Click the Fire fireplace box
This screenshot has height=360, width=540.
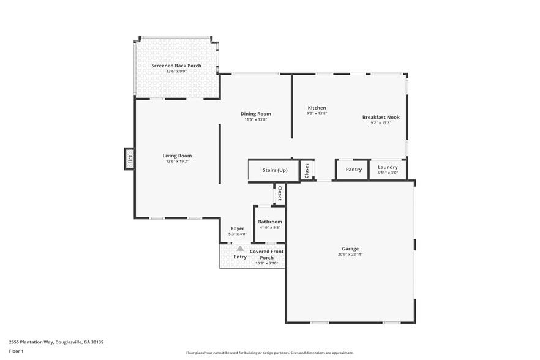(x=130, y=159)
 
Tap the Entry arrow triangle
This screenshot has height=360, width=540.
(x=240, y=249)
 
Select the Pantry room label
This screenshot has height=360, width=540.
(x=353, y=170)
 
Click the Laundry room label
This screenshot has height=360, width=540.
(x=388, y=167)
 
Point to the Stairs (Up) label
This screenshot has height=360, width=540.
(x=275, y=170)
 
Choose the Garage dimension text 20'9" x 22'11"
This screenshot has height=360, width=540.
(x=350, y=254)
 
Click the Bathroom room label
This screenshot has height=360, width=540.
(x=270, y=222)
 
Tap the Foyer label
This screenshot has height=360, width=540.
(x=238, y=228)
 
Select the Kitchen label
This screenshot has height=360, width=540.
(x=317, y=108)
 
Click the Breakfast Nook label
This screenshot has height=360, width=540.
(x=381, y=117)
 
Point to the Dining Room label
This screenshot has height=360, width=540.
(x=255, y=114)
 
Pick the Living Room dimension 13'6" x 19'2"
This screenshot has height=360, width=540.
(x=177, y=161)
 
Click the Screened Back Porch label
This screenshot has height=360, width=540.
(x=176, y=66)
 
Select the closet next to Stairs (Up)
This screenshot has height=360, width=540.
(x=306, y=170)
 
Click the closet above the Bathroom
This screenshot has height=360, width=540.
(x=280, y=193)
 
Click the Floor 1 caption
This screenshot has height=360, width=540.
(x=16, y=351)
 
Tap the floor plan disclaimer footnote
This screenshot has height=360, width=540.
(x=270, y=353)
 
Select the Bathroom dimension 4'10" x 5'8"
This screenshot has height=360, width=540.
(x=270, y=228)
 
